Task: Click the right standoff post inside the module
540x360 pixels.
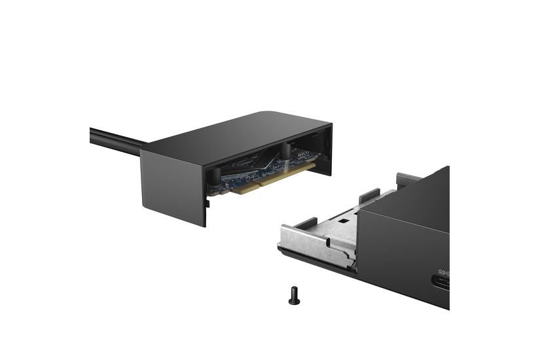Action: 286,151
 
